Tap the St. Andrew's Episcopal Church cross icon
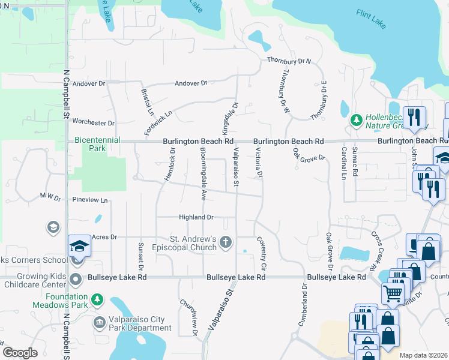point(226,242)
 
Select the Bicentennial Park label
point(97,143)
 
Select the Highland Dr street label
point(196,217)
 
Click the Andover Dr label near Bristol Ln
point(190,83)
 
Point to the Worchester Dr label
point(93,122)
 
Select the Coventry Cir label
point(262,251)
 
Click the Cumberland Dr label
point(303,307)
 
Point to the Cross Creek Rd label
point(376,251)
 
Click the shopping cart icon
point(393,294)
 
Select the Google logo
point(20,353)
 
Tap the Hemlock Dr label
point(172,164)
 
